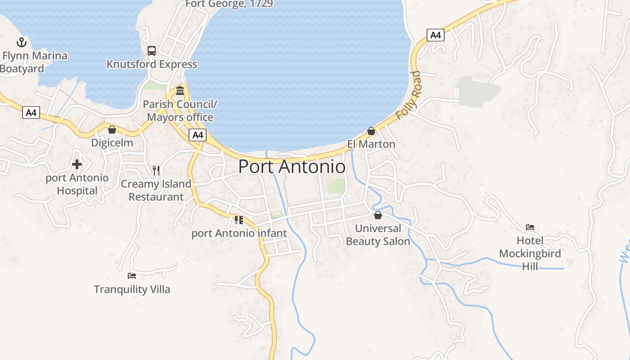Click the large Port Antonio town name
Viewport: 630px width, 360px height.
[292, 166]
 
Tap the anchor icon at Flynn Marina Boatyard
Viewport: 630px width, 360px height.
[22, 43]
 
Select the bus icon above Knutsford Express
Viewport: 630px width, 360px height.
[152, 51]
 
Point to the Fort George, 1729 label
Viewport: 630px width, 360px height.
[229, 4]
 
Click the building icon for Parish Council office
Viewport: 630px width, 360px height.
[180, 91]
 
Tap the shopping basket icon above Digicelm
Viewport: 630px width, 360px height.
[112, 130]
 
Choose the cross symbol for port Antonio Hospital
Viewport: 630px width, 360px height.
[77, 164]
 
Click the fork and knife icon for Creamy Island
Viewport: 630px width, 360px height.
[156, 171]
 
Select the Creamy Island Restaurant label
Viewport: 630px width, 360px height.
[156, 190]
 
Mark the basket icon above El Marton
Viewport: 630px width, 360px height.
[371, 131]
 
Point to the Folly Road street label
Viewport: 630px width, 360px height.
[409, 95]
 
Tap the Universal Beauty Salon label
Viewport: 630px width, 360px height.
[378, 235]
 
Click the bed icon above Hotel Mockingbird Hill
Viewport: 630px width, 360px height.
[530, 227]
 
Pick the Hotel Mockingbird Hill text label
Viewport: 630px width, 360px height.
[530, 253]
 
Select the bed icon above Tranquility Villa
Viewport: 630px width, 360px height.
[132, 275]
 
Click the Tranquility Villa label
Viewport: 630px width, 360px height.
[132, 289]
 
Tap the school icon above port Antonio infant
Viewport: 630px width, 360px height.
[238, 220]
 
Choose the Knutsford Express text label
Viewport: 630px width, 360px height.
[152, 64]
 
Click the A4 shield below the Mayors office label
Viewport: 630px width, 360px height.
[197, 135]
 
